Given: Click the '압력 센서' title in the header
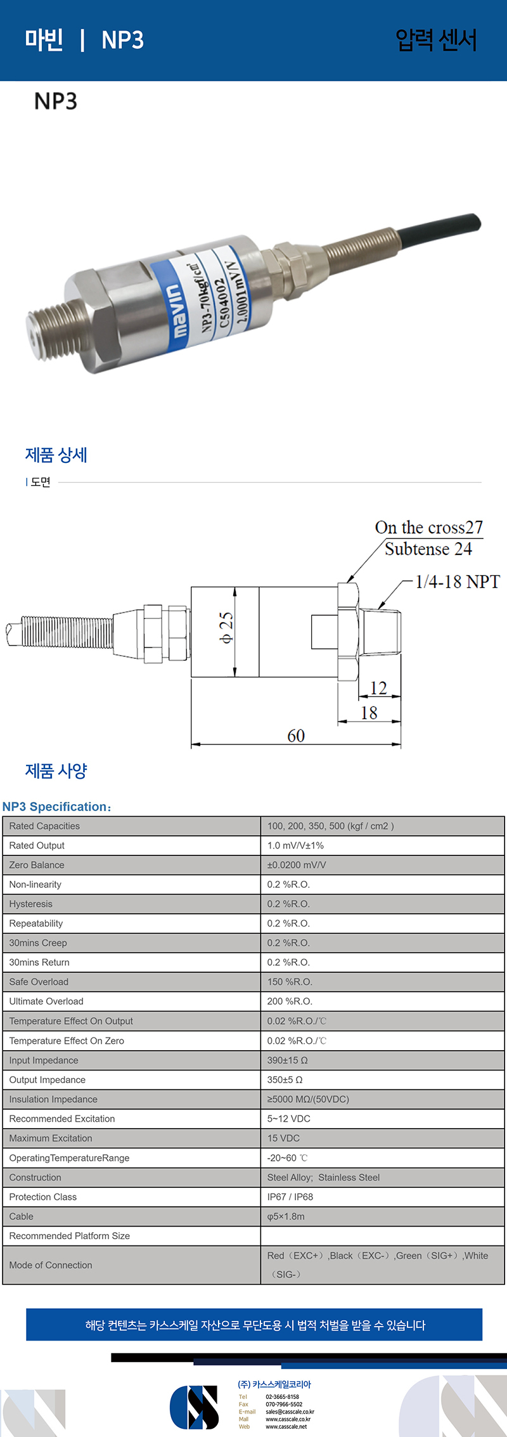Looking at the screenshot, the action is click(x=436, y=40).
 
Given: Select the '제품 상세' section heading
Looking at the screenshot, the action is click(x=56, y=455).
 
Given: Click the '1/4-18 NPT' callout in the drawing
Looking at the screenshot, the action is click(x=458, y=582).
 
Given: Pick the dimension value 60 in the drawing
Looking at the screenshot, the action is click(x=296, y=736).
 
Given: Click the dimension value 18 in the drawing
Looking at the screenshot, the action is click(x=369, y=713).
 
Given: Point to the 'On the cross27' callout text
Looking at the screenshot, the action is click(x=429, y=528).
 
